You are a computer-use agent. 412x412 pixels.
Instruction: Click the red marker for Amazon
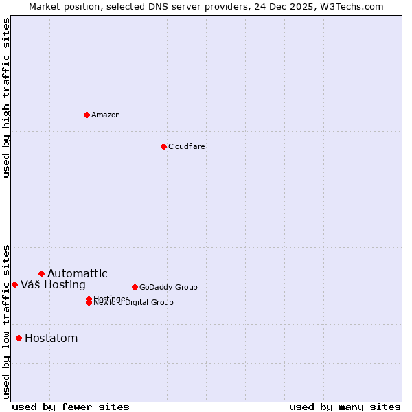coord(87,115)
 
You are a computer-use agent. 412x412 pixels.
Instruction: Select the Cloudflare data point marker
coord(163,146)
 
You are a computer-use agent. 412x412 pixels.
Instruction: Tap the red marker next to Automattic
coord(41,273)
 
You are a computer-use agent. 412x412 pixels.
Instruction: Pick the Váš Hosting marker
coord(14,284)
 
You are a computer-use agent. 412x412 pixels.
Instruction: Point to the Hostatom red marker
coord(19,338)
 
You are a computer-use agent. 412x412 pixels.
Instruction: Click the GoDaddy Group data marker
coord(135,287)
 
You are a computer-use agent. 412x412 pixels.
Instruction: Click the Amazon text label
coord(106,115)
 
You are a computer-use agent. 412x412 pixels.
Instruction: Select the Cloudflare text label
coord(187,146)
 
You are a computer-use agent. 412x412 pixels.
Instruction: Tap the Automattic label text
coord(77,273)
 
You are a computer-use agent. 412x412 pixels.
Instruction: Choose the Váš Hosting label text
coord(53,284)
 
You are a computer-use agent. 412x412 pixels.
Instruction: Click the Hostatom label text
coord(51,338)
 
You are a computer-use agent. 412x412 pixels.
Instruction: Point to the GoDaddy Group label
coord(168,287)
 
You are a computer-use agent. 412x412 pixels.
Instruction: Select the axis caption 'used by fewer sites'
coord(71,407)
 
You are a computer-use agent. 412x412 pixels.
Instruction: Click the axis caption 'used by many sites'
coord(345,407)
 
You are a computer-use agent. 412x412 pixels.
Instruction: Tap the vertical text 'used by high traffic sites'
coord(7,98)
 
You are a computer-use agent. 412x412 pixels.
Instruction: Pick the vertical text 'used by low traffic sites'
coord(7,321)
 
